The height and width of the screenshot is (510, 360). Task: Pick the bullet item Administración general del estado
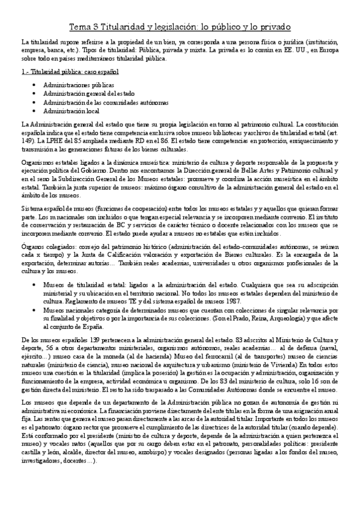[x=81, y=94]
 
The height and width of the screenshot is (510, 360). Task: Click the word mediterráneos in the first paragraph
[x=94, y=59]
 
